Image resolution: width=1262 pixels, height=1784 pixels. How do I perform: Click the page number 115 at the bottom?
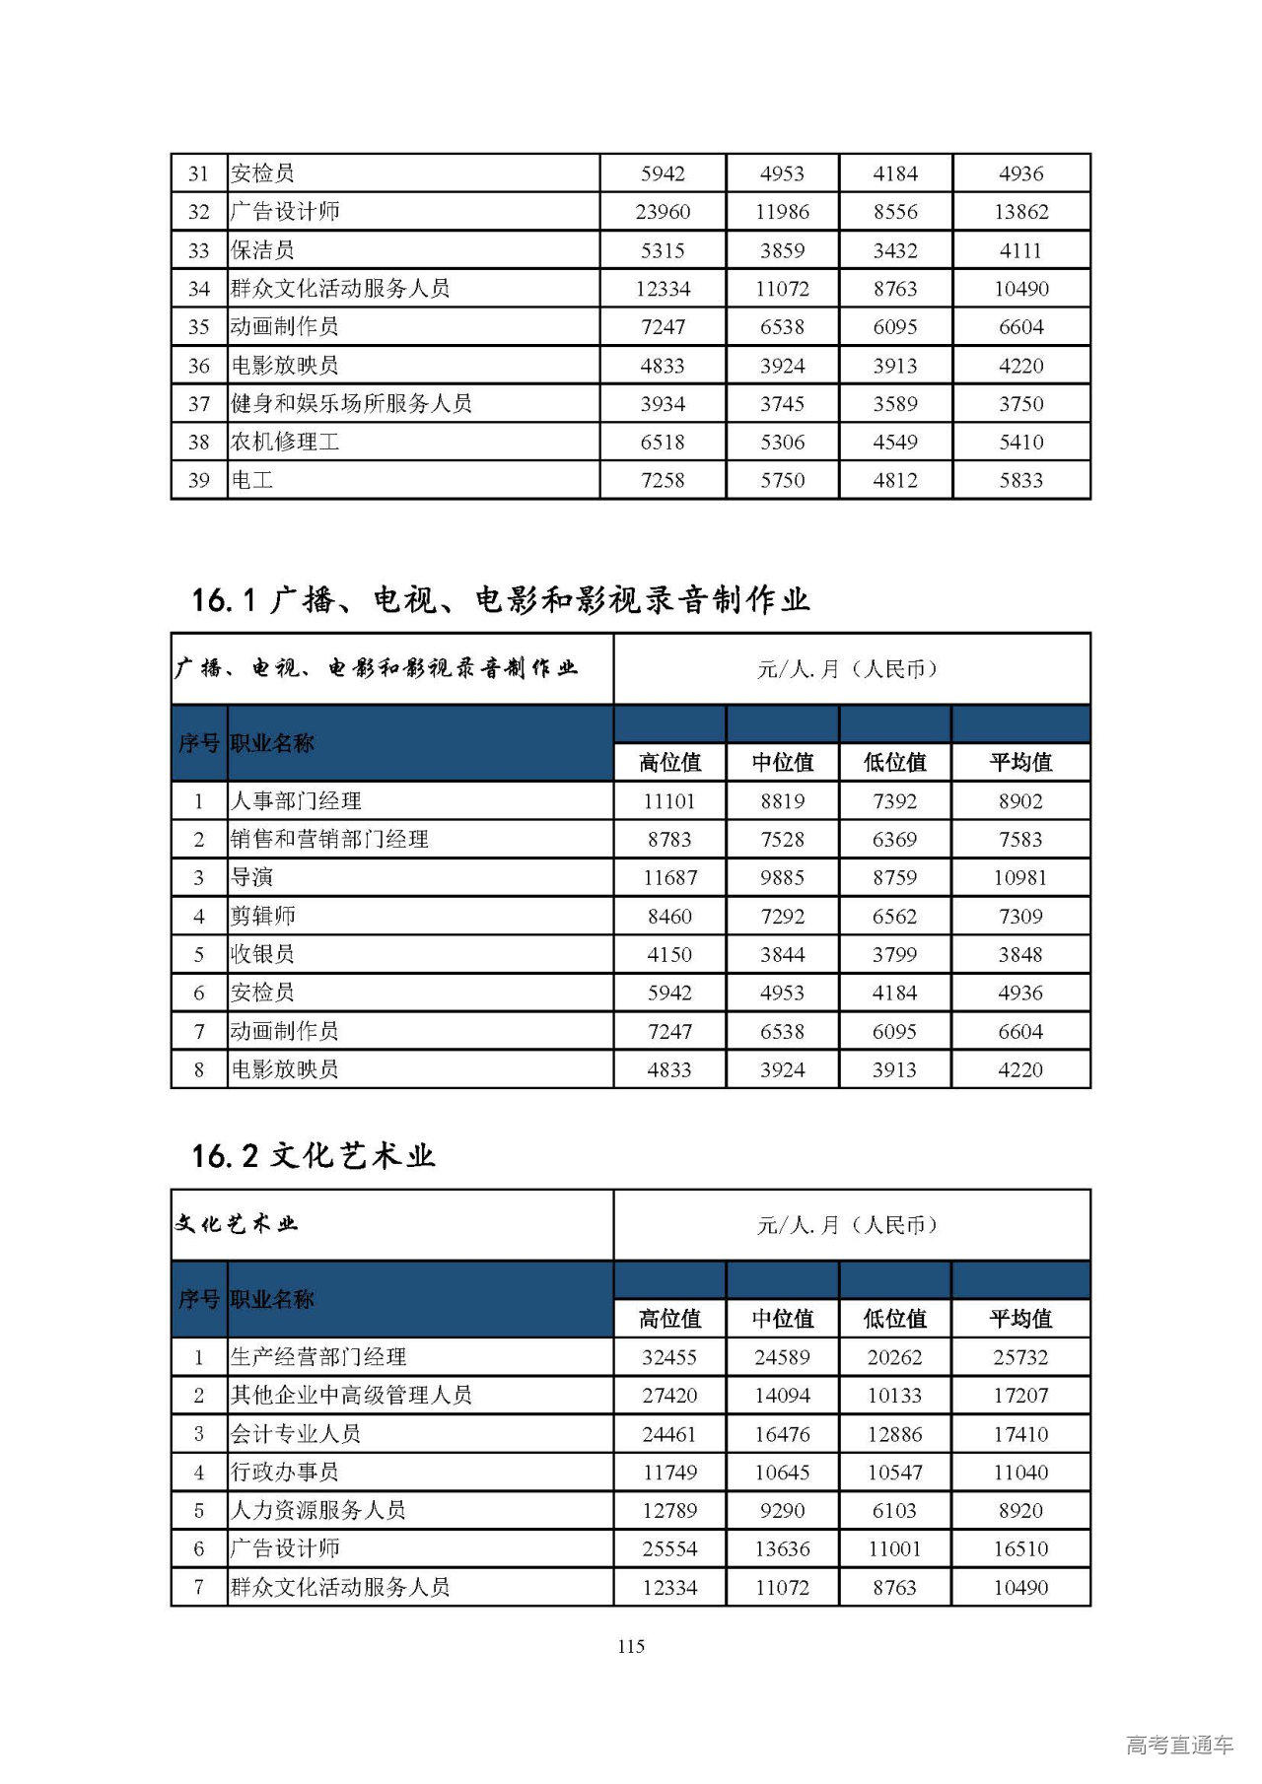[631, 1645]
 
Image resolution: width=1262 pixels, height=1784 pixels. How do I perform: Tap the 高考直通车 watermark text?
[1179, 1744]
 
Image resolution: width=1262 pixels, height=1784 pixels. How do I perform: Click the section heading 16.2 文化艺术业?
[314, 1155]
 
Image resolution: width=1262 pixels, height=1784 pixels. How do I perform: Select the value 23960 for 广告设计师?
[663, 212]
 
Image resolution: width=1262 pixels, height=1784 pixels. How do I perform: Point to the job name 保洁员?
[262, 250]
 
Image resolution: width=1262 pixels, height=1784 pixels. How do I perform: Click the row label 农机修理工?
[285, 442]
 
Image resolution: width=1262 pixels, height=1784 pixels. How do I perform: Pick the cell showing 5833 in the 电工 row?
[1020, 480]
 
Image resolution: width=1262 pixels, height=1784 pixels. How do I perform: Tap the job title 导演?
[251, 877]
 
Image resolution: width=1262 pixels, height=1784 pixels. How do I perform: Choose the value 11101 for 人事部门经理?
[669, 801]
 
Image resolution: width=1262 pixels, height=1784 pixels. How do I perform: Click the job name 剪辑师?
[262, 916]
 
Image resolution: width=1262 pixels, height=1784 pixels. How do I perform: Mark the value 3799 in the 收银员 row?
[894, 954]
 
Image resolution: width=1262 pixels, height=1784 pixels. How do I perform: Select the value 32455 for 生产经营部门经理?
[669, 1357]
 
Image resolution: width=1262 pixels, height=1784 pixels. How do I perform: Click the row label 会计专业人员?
[296, 1434]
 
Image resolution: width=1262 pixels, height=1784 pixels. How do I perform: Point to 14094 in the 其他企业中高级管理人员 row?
[782, 1396]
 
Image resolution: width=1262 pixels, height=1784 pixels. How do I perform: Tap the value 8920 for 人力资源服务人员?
[1020, 1510]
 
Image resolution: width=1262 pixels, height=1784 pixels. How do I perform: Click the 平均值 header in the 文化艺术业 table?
[1020, 1319]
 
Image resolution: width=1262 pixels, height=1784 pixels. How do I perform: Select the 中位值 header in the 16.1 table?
[782, 762]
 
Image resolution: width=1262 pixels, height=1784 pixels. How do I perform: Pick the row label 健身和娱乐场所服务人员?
[351, 403]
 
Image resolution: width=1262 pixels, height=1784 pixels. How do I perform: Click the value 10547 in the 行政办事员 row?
[894, 1473]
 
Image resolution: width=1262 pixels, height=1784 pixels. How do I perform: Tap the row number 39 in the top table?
[199, 480]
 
